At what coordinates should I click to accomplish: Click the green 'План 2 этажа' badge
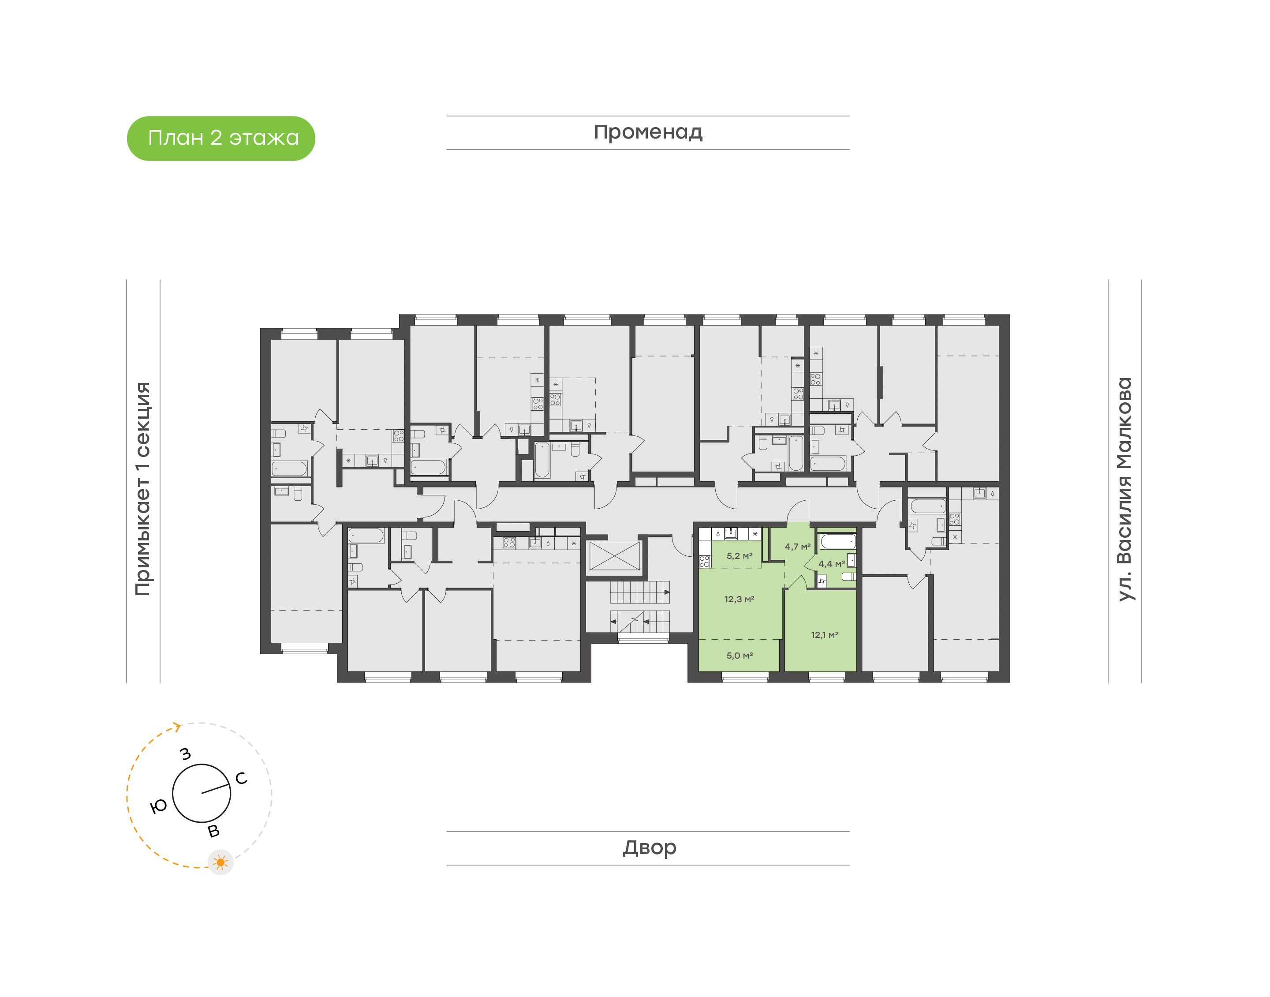pyautogui.click(x=220, y=139)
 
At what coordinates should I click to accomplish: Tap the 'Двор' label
pyautogui.click(x=649, y=847)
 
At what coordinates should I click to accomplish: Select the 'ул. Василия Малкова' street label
pyautogui.click(x=1124, y=489)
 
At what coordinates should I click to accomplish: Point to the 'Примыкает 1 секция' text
pyautogui.click(x=143, y=489)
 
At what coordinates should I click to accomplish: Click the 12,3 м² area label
pyautogui.click(x=739, y=599)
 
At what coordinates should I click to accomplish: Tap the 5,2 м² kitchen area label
pyautogui.click(x=739, y=556)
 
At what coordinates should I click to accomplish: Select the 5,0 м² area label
pyautogui.click(x=739, y=656)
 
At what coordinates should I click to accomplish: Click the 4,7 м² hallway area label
pyautogui.click(x=797, y=547)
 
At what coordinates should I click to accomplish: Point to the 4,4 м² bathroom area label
pyautogui.click(x=831, y=564)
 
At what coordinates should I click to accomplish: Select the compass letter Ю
pyautogui.click(x=158, y=807)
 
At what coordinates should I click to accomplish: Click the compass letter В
pyautogui.click(x=214, y=831)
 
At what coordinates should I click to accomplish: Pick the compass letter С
pyautogui.click(x=241, y=778)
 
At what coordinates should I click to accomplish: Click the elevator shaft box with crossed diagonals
pyautogui.click(x=614, y=556)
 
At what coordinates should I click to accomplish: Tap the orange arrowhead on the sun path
pyautogui.click(x=177, y=727)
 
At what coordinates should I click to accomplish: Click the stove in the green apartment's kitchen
pyautogui.click(x=704, y=562)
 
